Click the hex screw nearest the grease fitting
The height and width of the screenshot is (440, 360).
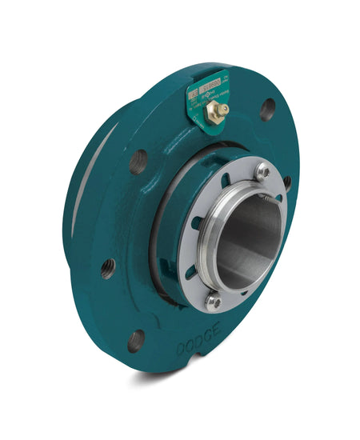coord(262,170)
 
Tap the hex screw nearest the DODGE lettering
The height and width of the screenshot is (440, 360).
coord(214,302)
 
